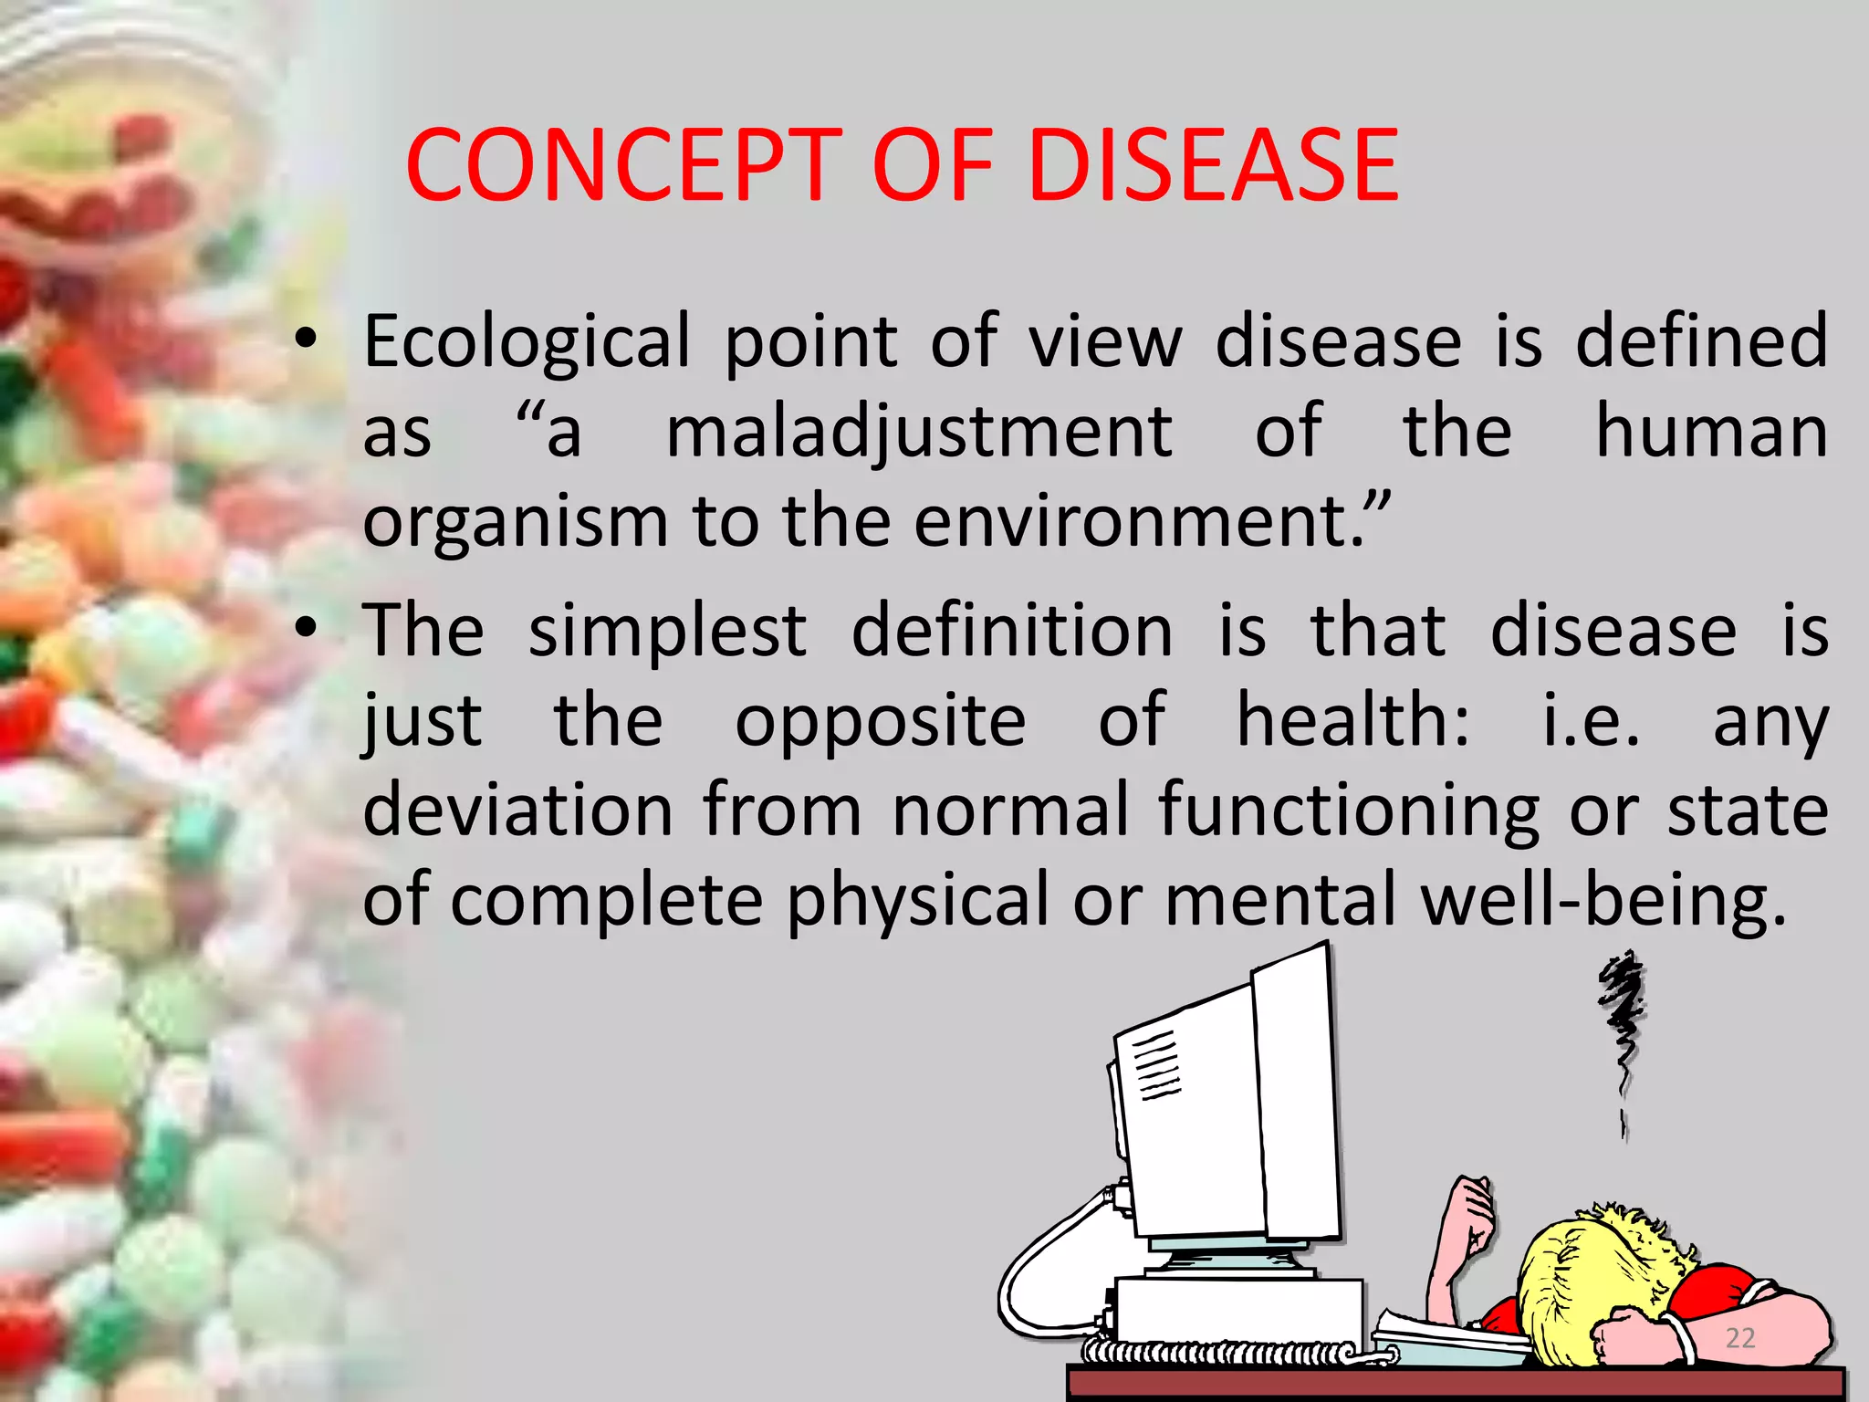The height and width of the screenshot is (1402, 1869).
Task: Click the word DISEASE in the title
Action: coord(1213,165)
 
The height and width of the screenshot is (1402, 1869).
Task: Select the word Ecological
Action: coord(527,341)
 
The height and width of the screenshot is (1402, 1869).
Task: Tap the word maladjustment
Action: coord(919,432)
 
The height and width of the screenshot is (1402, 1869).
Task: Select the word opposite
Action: coord(881,721)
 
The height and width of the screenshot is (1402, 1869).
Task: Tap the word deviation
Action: coord(518,810)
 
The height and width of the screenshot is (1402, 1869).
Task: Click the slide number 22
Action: coord(1739,1338)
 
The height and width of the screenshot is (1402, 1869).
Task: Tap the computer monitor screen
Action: coord(1186,1123)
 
